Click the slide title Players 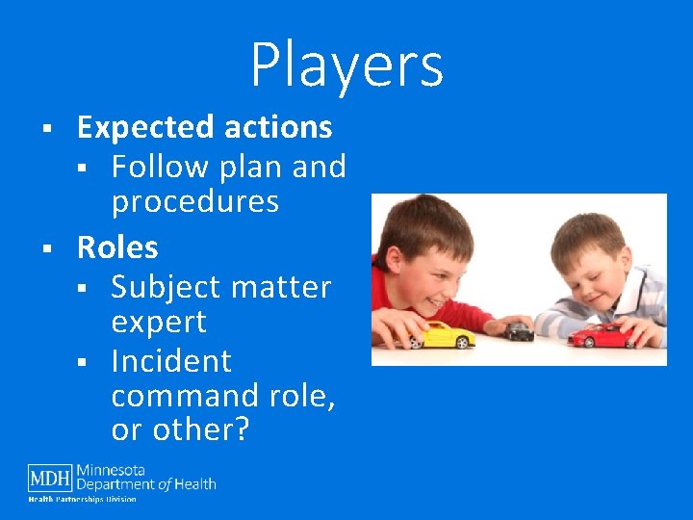[346, 65]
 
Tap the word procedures [194, 202]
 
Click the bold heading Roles [117, 247]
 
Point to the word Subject [165, 287]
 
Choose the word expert [159, 322]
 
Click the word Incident [171, 361]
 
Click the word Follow [160, 167]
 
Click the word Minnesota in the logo [111, 470]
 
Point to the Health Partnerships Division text [82, 499]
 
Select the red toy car [601, 334]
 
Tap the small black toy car [520, 331]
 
